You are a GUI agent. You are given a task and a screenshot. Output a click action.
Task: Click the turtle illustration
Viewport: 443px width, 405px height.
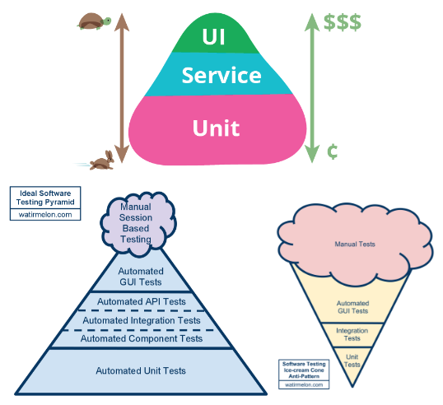click(94, 21)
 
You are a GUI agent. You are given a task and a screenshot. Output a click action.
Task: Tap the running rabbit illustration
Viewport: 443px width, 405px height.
click(102, 161)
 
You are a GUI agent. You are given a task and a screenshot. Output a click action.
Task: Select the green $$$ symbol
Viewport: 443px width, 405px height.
click(343, 22)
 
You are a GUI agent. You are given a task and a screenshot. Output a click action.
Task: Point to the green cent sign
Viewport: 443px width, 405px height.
click(333, 151)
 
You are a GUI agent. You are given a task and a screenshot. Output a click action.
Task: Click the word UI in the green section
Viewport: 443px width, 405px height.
click(213, 37)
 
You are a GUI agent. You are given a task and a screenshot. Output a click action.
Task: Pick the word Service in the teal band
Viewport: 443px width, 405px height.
click(221, 76)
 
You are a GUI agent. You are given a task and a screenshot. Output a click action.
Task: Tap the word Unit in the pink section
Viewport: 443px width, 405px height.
click(216, 128)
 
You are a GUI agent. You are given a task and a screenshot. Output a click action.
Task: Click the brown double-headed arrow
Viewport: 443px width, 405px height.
click(122, 88)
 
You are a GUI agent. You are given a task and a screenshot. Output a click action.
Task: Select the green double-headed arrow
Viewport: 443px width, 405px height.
click(312, 88)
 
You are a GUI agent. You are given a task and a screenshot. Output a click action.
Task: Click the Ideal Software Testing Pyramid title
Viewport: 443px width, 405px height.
click(45, 198)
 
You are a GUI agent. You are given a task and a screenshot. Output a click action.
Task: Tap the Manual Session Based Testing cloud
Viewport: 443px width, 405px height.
click(138, 224)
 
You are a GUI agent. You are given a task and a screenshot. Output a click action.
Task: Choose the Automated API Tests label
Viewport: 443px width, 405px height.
click(142, 301)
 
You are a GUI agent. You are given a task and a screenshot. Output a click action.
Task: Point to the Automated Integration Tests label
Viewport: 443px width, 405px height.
click(142, 320)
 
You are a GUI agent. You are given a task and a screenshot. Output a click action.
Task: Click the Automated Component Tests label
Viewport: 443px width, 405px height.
click(142, 338)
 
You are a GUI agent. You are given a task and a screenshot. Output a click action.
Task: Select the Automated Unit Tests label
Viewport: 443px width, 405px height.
click(141, 370)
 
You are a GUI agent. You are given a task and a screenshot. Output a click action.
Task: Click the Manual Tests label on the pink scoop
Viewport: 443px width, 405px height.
click(355, 244)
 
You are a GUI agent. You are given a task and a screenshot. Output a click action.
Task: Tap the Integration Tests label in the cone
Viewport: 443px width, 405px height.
click(352, 334)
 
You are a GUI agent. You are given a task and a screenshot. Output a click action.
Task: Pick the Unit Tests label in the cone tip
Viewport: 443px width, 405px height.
click(352, 361)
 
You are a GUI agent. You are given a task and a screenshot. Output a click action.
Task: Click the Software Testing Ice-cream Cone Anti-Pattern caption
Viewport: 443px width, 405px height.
click(304, 370)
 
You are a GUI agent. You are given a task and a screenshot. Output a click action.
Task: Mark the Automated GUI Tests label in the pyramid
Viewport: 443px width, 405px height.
click(141, 277)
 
